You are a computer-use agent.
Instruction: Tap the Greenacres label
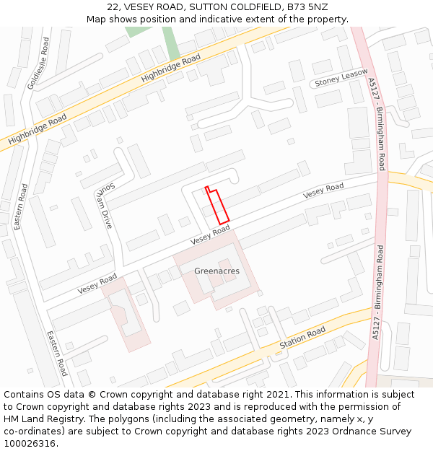[216, 271]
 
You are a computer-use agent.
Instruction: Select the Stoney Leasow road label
[341, 78]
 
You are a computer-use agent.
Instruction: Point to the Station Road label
[303, 338]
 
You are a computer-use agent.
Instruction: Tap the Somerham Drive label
[105, 206]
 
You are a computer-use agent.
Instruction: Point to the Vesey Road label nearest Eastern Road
[97, 284]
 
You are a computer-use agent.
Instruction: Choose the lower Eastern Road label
[57, 354]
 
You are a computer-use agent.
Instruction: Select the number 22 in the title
[113, 7]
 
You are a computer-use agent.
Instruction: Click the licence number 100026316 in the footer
[30, 444]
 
